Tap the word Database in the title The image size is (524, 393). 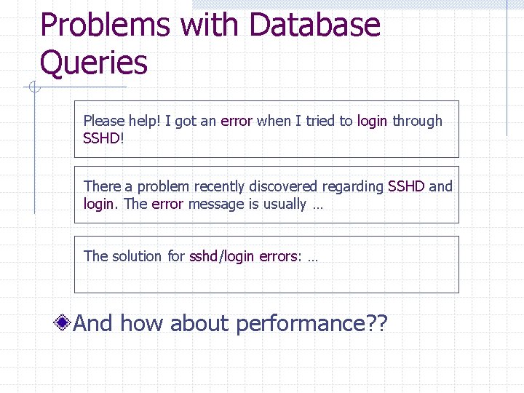coord(314,25)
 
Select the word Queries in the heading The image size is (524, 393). coord(94,63)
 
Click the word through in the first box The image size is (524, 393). coord(417,122)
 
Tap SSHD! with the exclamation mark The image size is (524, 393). coord(104,138)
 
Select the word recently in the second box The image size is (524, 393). coord(218,187)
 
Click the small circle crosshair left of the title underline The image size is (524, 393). coord(33,89)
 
